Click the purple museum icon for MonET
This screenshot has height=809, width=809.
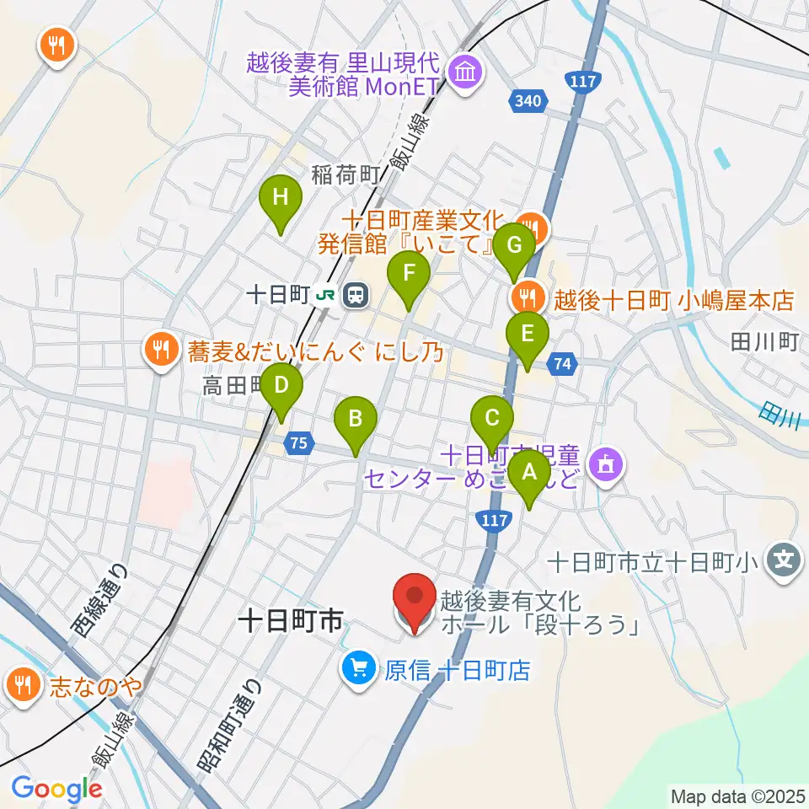[464, 72]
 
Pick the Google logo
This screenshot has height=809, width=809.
[56, 788]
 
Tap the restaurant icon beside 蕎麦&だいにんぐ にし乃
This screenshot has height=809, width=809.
[159, 348]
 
